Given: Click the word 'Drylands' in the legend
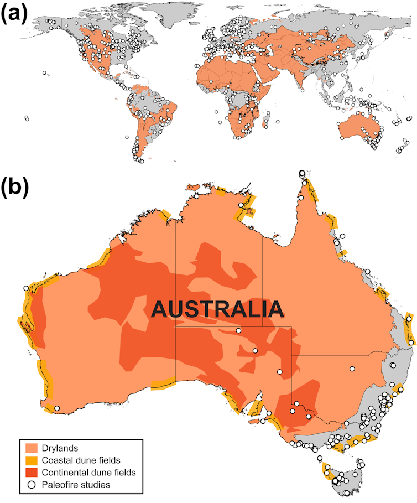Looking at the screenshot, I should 63,447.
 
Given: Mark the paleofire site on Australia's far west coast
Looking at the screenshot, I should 25,288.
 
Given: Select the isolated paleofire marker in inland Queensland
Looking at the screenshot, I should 351,369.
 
